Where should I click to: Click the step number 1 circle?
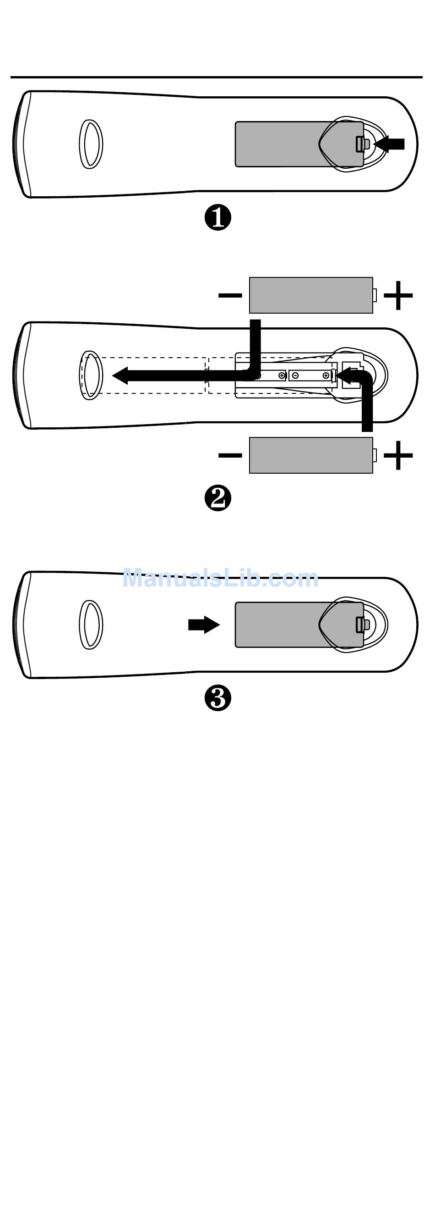coord(218,218)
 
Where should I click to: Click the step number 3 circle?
coord(218,699)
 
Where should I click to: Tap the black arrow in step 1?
coord(390,144)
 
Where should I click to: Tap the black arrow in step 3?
coord(204,625)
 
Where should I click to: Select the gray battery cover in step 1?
coord(280,144)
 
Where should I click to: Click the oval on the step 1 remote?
coord(90,144)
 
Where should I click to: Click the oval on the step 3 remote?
coord(90,625)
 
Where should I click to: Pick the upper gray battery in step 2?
coord(311,295)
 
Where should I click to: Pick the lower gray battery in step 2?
coord(311,455)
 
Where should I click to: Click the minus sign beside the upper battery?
coord(230,295)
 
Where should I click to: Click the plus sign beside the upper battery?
coord(398,295)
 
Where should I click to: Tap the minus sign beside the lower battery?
coord(230,455)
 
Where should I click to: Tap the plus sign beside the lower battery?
coord(398,455)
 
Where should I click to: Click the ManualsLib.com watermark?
coord(220,579)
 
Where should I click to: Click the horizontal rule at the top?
coord(216,77)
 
